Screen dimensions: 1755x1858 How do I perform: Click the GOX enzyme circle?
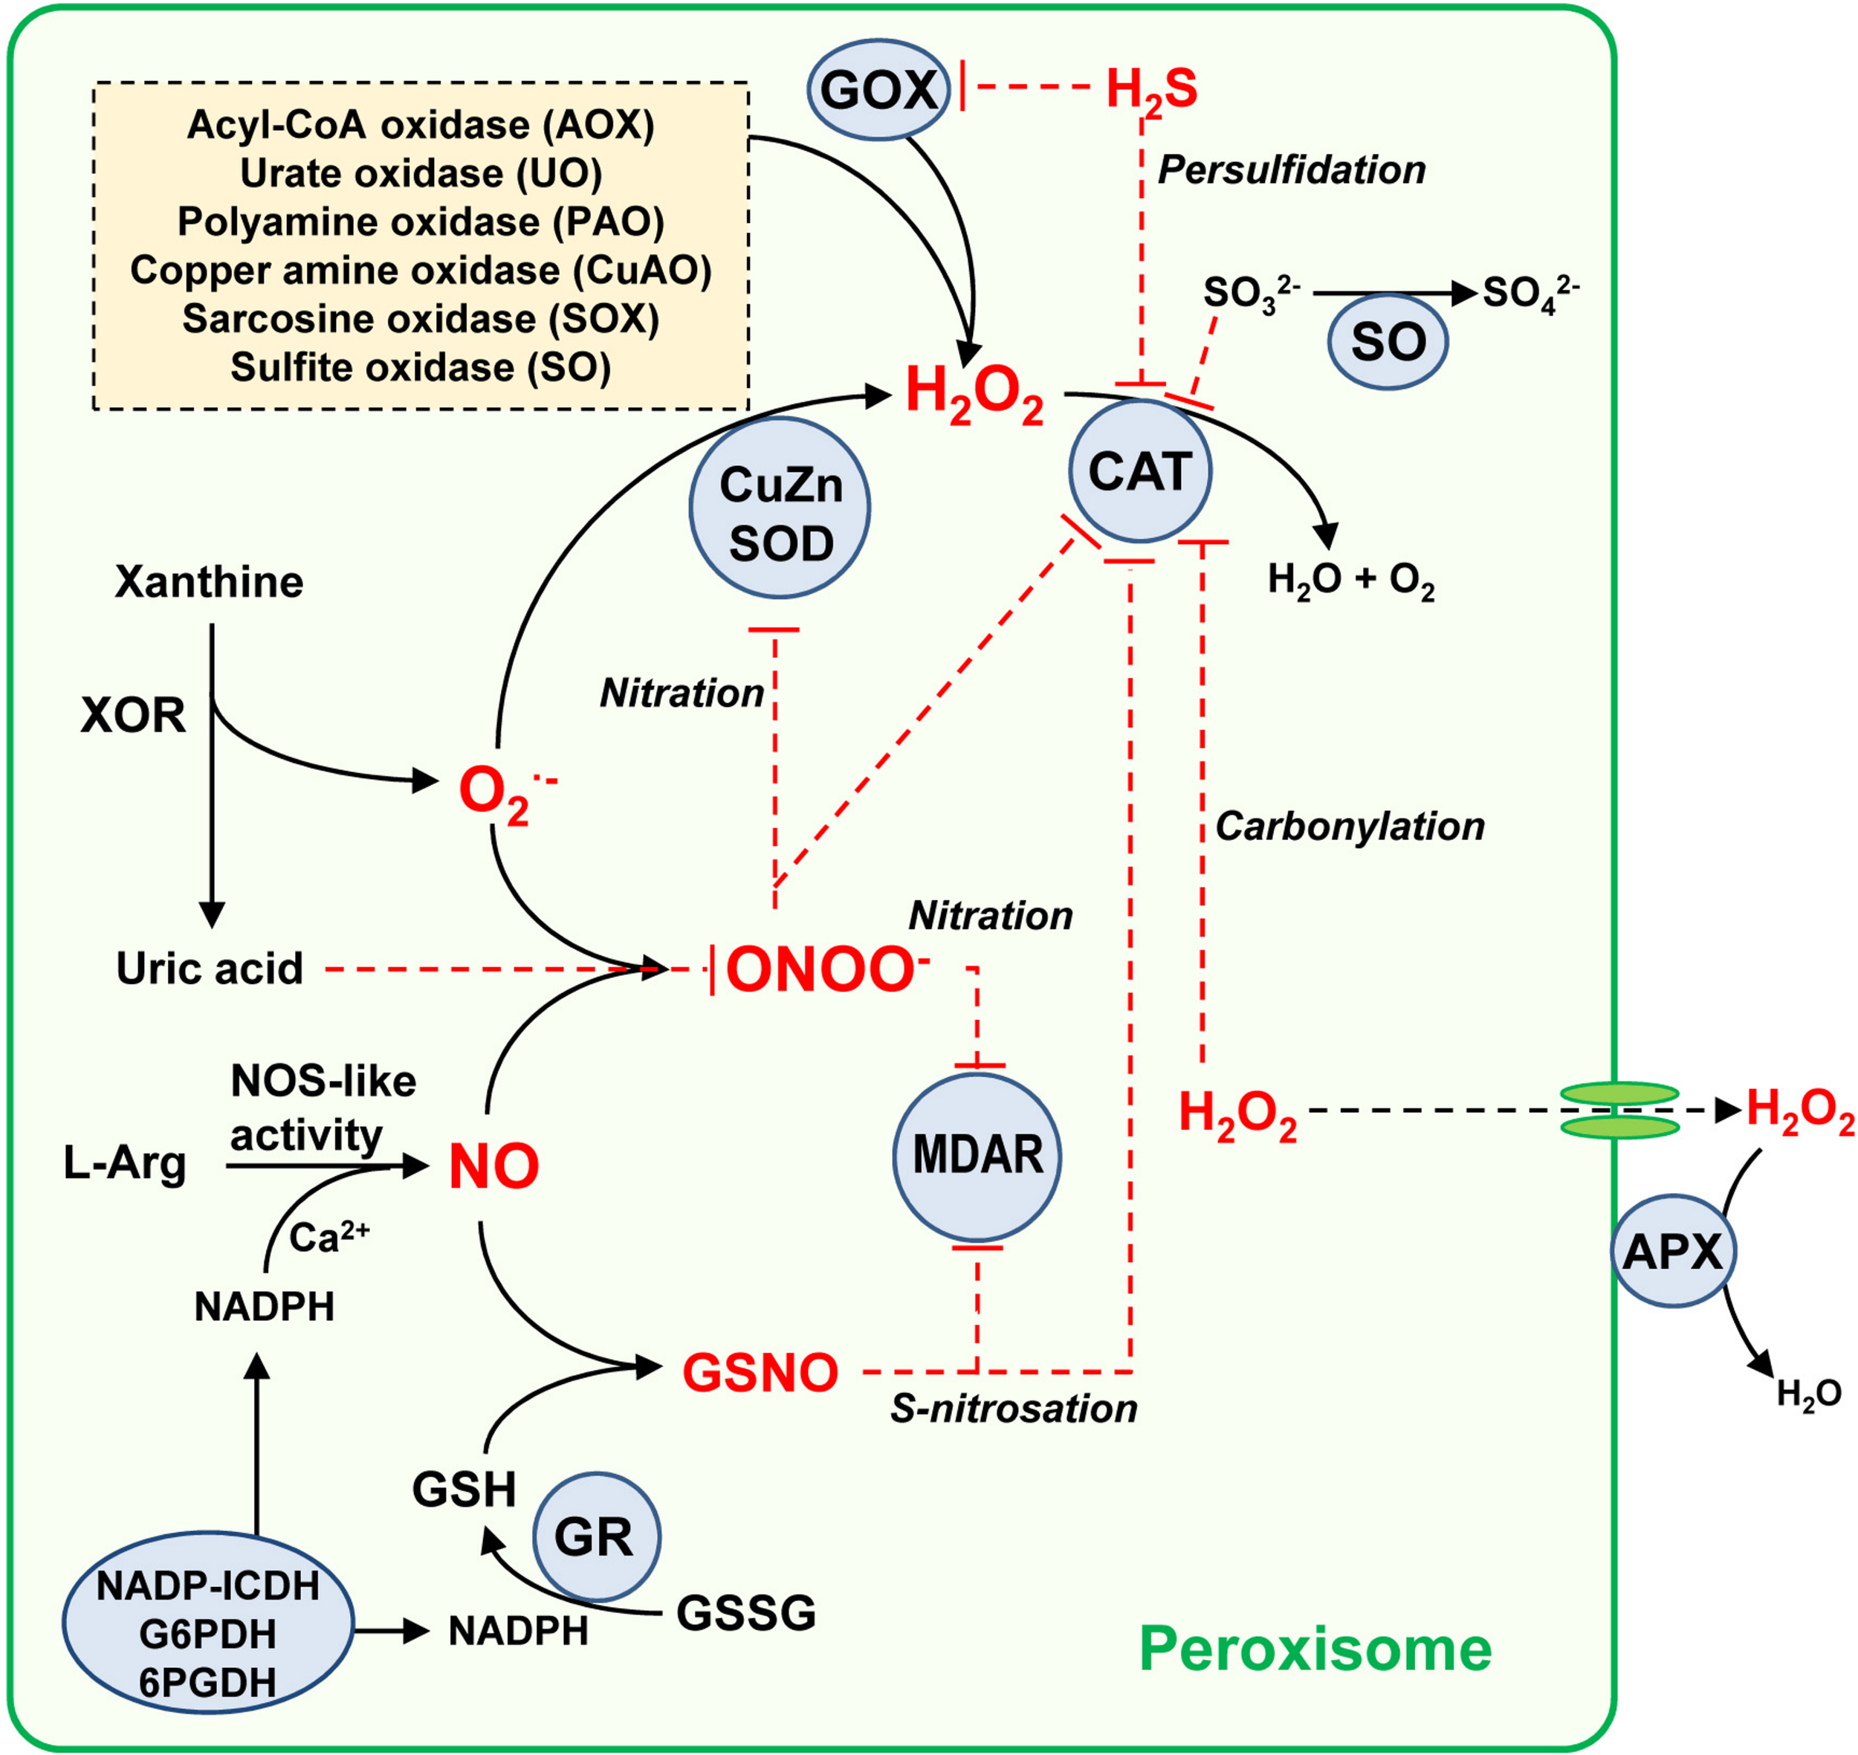878,90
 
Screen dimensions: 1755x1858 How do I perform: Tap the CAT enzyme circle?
1139,471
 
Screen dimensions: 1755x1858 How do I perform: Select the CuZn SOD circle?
780,508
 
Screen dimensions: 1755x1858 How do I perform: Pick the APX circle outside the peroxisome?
1673,1251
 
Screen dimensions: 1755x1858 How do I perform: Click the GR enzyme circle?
596,1537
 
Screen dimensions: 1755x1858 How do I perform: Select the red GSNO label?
760,1374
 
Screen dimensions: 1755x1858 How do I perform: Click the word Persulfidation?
1291,170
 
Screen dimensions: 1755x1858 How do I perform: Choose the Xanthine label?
209,582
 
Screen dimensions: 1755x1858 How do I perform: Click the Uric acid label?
210,969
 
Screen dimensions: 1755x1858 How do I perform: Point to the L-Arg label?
124,1164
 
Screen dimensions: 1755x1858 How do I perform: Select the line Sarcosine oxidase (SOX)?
420,319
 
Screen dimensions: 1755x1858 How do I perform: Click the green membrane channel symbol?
1619,1111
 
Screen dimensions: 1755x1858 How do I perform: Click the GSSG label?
745,1613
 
